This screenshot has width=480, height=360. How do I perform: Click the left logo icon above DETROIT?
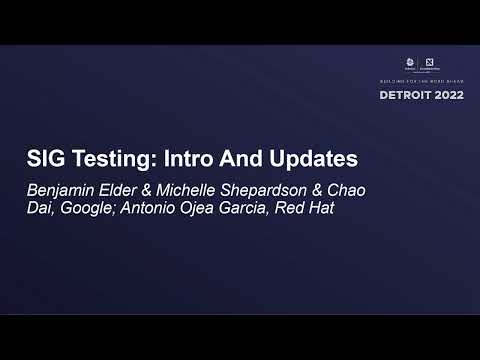(412, 63)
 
